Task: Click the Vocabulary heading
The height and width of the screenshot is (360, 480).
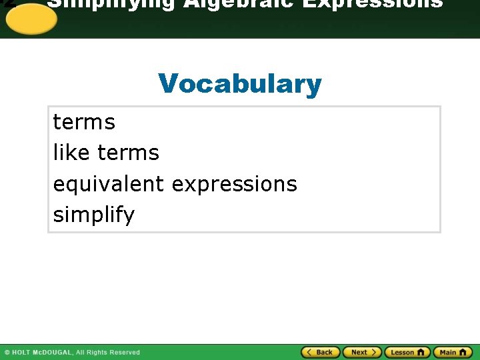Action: pos(240,85)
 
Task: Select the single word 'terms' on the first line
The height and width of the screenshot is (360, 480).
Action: pos(84,123)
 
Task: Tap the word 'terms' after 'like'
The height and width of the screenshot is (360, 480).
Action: pos(128,153)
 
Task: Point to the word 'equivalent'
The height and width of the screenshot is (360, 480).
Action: pos(109,184)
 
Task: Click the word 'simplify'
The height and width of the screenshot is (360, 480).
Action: pos(93,215)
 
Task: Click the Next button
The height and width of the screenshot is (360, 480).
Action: pos(362,352)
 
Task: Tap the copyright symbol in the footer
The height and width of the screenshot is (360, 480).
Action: pos(7,353)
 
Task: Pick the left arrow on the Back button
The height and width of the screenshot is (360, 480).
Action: pos(309,352)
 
